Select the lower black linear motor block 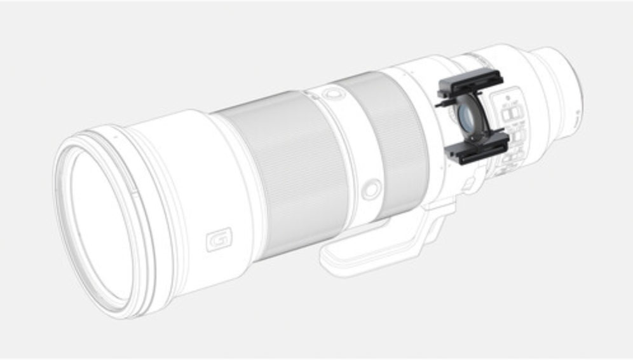click(x=477, y=148)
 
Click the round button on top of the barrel click(x=330, y=93)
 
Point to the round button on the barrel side click(x=371, y=189)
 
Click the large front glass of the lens click(x=102, y=223)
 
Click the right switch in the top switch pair click(x=517, y=112)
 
